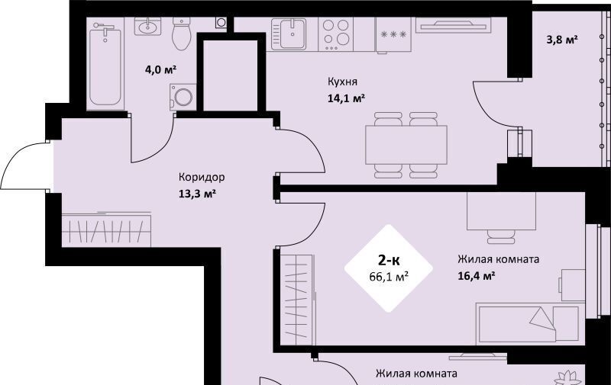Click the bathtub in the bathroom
(105, 64)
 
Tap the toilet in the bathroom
(181, 34)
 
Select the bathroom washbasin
(147, 27)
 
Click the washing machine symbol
(183, 97)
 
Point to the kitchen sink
(289, 34)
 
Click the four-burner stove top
(336, 34)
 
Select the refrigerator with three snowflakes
(393, 35)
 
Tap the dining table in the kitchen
(406, 145)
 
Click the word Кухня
(342, 82)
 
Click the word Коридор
(202, 178)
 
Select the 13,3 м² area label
(197, 194)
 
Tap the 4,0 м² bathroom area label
(160, 70)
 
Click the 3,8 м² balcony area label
(561, 40)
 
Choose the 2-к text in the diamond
(389, 260)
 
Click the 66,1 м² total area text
(389, 277)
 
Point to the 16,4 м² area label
(477, 276)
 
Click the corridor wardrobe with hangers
(106, 229)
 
